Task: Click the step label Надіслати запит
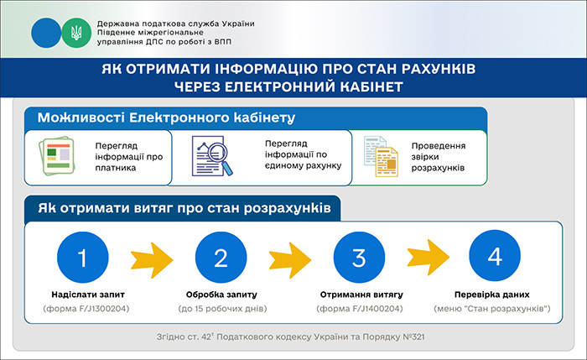click(83, 295)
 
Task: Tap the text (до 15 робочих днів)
click(221, 309)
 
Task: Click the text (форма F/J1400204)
click(358, 309)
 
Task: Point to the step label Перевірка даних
click(496, 295)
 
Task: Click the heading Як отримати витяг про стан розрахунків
click(182, 206)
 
